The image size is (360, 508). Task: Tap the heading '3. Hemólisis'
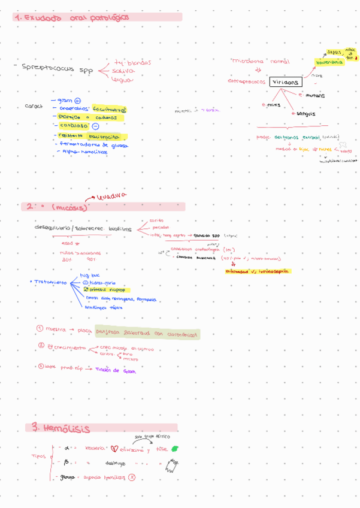tap(60, 428)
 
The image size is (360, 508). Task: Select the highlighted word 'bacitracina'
tap(104, 137)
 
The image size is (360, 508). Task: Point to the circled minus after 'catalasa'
tap(96, 126)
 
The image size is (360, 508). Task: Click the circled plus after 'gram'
tap(77, 101)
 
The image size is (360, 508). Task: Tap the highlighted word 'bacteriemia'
tap(330, 62)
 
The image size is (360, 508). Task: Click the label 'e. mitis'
tap(271, 105)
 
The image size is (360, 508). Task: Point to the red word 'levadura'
tap(111, 196)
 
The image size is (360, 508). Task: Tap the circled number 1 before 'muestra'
tap(40, 328)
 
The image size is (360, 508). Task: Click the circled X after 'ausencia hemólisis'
tap(132, 477)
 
